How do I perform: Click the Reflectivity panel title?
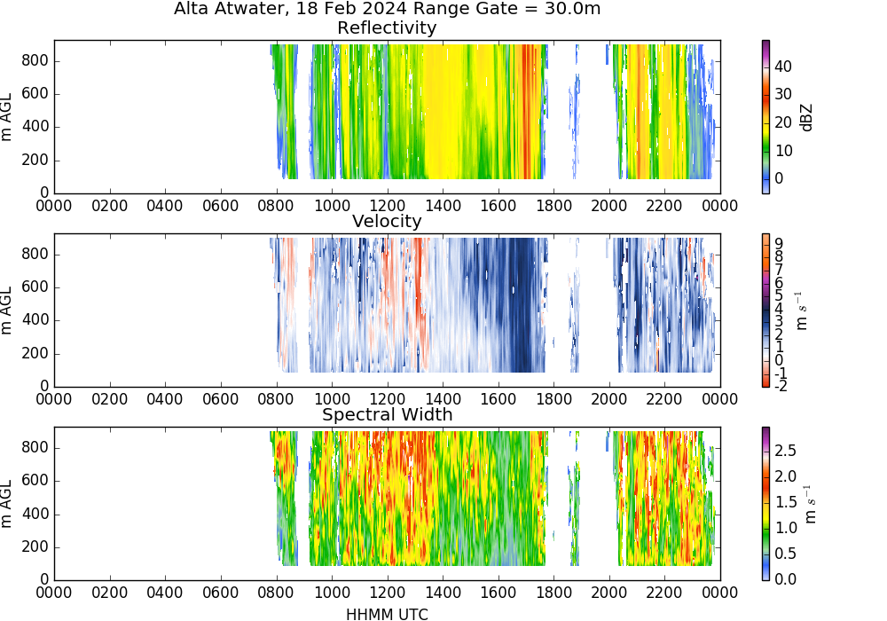pyautogui.click(x=387, y=28)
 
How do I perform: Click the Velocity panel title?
pyautogui.click(x=387, y=221)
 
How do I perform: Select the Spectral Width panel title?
pyautogui.click(x=387, y=414)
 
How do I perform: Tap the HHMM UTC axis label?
pyautogui.click(x=387, y=615)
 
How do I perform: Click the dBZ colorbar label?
pyautogui.click(x=806, y=118)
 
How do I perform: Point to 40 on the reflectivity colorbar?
pyautogui.click(x=783, y=67)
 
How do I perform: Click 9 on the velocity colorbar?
pyautogui.click(x=779, y=244)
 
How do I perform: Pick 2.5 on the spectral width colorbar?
pyautogui.click(x=785, y=451)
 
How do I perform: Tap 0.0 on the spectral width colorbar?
pyautogui.click(x=785, y=579)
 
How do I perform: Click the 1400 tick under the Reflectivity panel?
pyautogui.click(x=443, y=206)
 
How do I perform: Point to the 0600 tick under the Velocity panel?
pyautogui.click(x=220, y=399)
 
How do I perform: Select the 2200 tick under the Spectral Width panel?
pyautogui.click(x=664, y=593)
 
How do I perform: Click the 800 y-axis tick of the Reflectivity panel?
pyautogui.click(x=35, y=60)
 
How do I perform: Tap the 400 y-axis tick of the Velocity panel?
pyautogui.click(x=35, y=320)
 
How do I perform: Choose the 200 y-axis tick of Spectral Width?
pyautogui.click(x=35, y=546)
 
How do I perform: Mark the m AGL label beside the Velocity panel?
pyautogui.click(x=7, y=310)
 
